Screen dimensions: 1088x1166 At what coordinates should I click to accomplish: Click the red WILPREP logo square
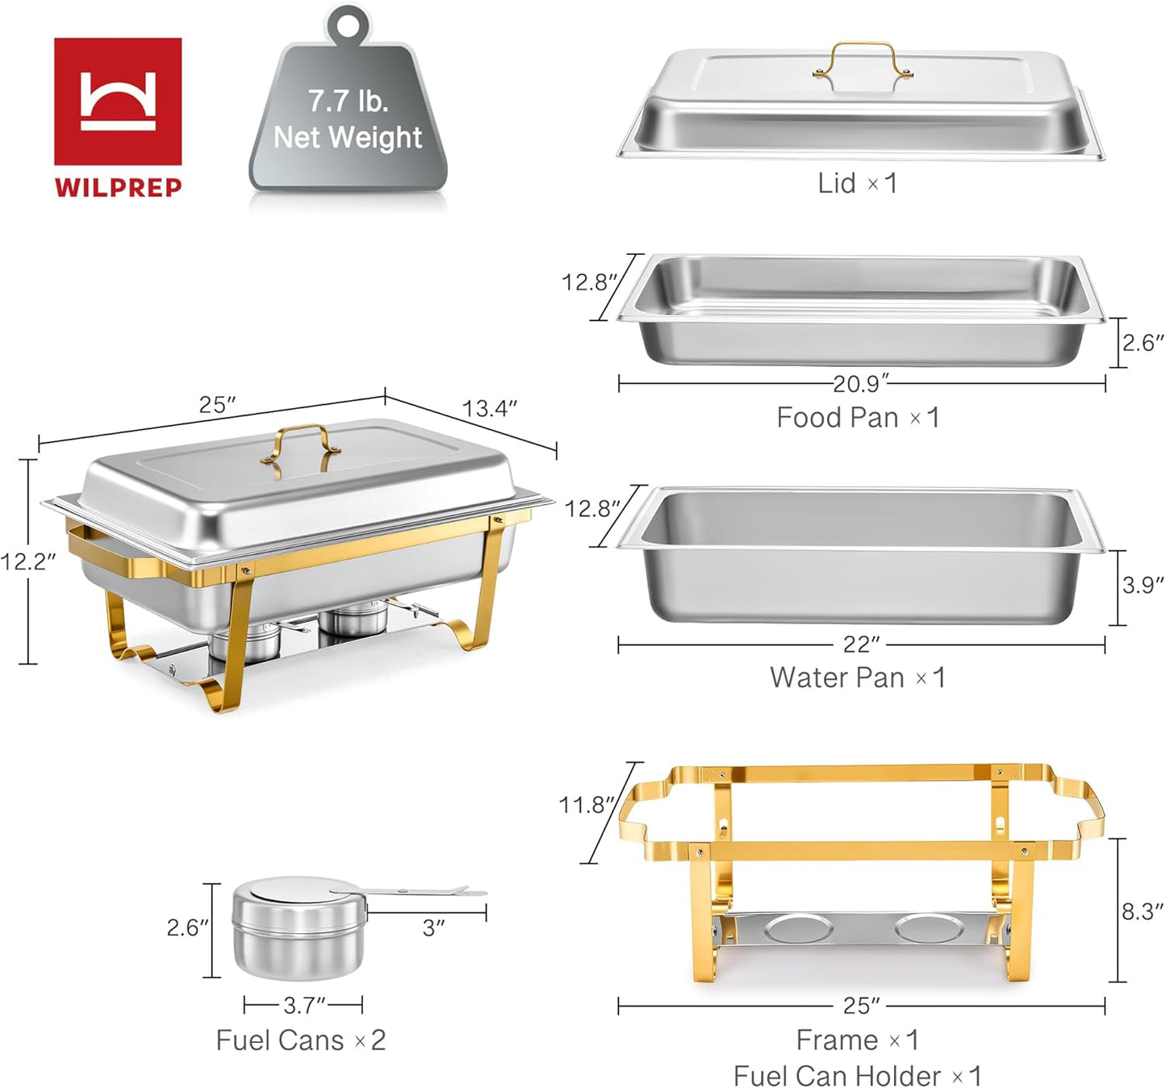pyautogui.click(x=118, y=101)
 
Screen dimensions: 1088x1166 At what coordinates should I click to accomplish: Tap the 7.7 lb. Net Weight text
pyautogui.click(x=348, y=119)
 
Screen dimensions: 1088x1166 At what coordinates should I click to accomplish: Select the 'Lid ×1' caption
pyautogui.click(x=857, y=183)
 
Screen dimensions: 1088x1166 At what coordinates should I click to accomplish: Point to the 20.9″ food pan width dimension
pyautogui.click(x=860, y=384)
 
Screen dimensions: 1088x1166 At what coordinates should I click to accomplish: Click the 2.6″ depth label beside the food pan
pyautogui.click(x=1143, y=343)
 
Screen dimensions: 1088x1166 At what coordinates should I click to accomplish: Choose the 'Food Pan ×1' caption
pyautogui.click(x=858, y=418)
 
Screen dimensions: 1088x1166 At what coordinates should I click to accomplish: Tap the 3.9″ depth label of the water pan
pyautogui.click(x=1143, y=585)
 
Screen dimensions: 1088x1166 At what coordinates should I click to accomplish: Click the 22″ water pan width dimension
pyautogui.click(x=861, y=644)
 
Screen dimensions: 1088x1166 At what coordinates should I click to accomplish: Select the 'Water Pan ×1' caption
pyautogui.click(x=857, y=677)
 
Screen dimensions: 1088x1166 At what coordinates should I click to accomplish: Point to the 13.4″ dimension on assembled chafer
pyautogui.click(x=489, y=409)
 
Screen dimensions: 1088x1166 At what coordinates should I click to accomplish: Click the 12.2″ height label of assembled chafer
pyautogui.click(x=27, y=561)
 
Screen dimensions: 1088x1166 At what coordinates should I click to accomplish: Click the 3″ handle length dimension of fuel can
pyautogui.click(x=433, y=928)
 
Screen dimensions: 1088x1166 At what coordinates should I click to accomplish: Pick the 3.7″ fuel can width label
pyautogui.click(x=303, y=1005)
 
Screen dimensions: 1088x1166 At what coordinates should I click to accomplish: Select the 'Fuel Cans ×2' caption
pyautogui.click(x=300, y=1040)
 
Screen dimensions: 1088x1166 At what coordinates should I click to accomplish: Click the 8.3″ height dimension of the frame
pyautogui.click(x=1142, y=911)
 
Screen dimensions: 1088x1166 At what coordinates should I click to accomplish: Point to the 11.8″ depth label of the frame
pyautogui.click(x=586, y=804)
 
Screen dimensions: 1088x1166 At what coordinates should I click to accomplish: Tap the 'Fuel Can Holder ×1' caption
pyautogui.click(x=857, y=1076)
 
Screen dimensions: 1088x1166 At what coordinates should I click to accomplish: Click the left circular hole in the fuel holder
pyautogui.click(x=799, y=928)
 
